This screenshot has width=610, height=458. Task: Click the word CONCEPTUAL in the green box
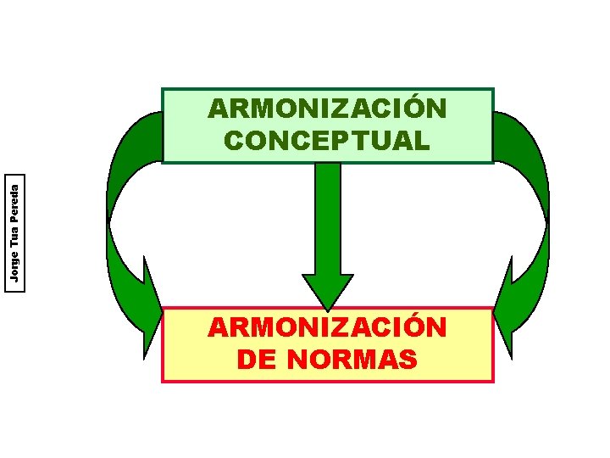click(327, 140)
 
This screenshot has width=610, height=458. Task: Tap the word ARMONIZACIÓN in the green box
click(327, 109)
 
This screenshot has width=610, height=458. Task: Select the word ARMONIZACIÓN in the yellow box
click(327, 328)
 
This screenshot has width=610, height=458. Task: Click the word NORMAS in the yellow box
click(352, 360)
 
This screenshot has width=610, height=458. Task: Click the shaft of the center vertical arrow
click(327, 216)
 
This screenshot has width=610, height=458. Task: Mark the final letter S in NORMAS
click(408, 360)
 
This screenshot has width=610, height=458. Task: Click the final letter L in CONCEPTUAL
click(421, 140)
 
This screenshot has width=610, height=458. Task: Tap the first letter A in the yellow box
click(219, 328)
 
